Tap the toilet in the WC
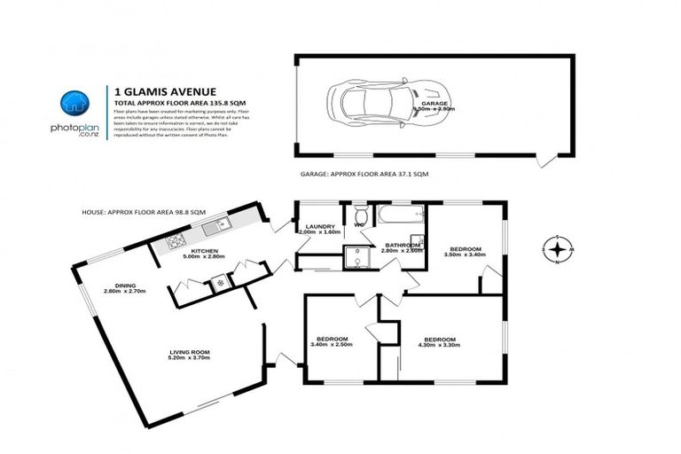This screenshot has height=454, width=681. (359, 216)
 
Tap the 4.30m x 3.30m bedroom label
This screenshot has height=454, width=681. (439, 342)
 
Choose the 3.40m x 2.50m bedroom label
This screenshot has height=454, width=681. (333, 341)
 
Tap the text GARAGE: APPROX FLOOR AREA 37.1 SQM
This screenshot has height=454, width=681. (364, 176)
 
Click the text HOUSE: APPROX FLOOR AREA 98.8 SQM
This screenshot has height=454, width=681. (144, 212)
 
